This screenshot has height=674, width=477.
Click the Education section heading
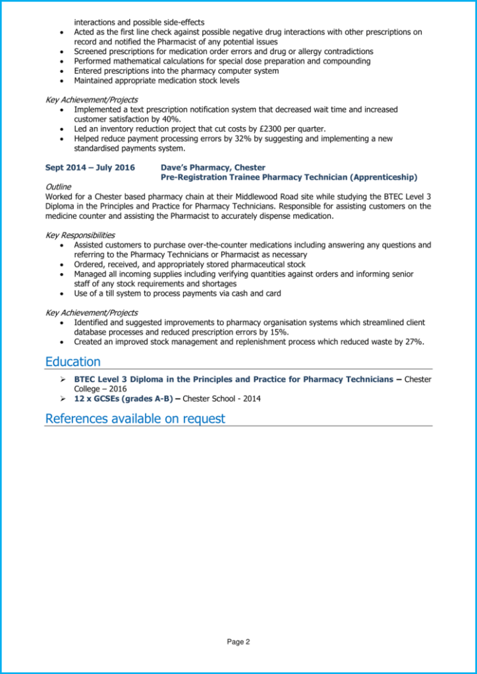[x=72, y=361]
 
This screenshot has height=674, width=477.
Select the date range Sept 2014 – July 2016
[x=90, y=168]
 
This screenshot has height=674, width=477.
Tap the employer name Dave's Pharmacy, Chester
[x=213, y=168]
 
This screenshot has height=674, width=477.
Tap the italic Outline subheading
[x=58, y=187]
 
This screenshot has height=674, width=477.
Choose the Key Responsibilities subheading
[x=80, y=235]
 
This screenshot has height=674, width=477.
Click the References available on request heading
[x=134, y=419]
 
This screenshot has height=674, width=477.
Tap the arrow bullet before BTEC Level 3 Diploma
[x=62, y=380]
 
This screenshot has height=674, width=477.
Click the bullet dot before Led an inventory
[x=62, y=129]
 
